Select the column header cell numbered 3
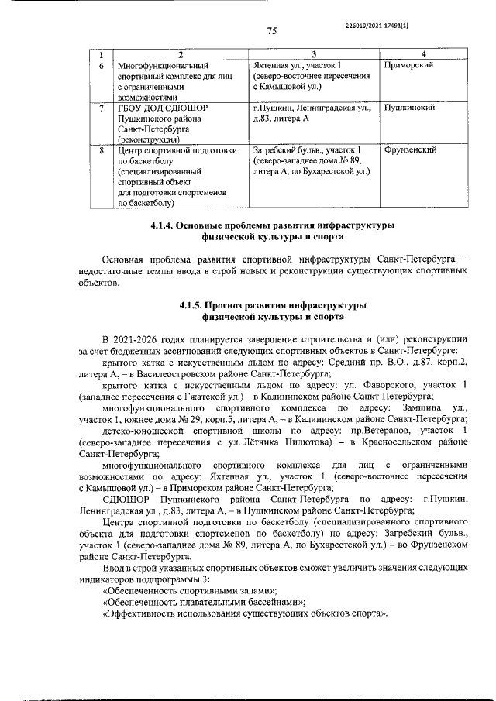[x=315, y=53]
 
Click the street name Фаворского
[x=378, y=384]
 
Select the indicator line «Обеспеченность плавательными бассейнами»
[x=203, y=602]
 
